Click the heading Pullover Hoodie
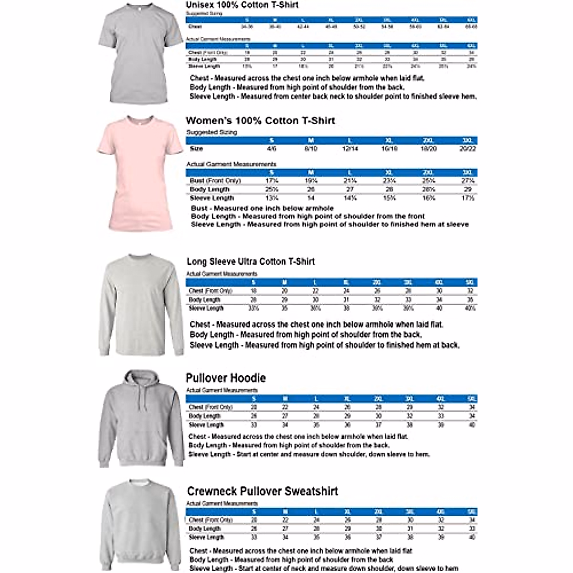(x=225, y=378)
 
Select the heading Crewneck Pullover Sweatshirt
(x=262, y=491)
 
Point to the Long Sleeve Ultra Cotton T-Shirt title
(x=251, y=262)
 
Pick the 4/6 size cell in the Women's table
(x=272, y=149)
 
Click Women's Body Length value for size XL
(x=389, y=190)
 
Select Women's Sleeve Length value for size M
(x=311, y=198)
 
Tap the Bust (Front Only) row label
(x=215, y=180)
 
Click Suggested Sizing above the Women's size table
(x=212, y=132)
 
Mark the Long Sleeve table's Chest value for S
(x=254, y=291)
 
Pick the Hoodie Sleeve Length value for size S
(x=254, y=425)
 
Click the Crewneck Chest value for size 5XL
(x=472, y=520)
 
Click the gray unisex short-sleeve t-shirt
(x=139, y=53)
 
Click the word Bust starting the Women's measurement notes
(x=199, y=209)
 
